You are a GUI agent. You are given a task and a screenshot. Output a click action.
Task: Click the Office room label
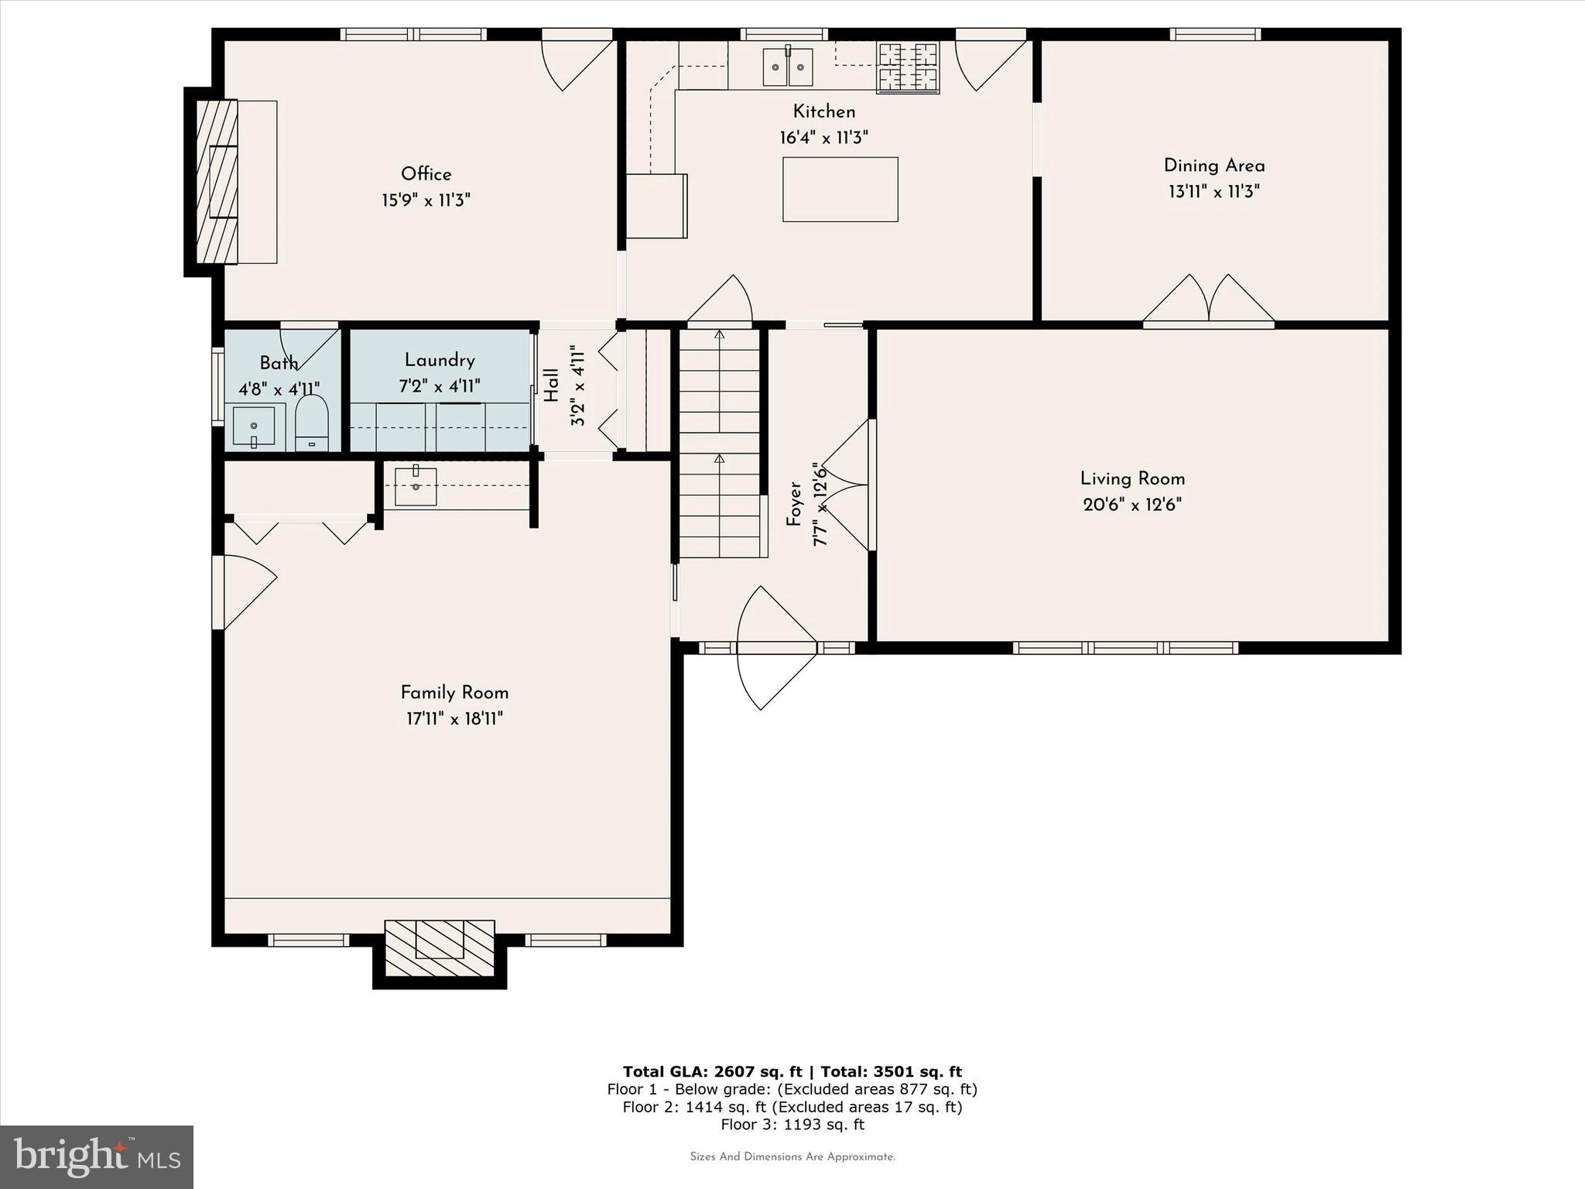[426, 174]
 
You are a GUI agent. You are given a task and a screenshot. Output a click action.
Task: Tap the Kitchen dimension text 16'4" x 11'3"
[823, 138]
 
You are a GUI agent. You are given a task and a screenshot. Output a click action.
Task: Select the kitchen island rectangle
[840, 190]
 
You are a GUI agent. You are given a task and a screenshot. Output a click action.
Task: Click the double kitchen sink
[788, 67]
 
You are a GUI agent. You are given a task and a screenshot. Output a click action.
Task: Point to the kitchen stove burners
[907, 67]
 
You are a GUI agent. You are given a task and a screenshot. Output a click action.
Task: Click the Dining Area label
[1214, 166]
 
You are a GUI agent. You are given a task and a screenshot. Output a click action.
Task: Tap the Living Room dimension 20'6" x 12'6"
[1131, 505]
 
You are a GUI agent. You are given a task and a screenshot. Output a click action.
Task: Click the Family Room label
[454, 693]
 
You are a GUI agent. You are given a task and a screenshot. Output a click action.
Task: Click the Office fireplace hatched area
[217, 182]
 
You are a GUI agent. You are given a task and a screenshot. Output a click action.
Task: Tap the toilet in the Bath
[312, 424]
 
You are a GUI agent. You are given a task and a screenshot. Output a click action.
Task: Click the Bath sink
[254, 427]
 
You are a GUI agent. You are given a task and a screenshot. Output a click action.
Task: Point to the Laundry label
[440, 360]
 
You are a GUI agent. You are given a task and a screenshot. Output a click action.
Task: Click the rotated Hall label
[551, 385]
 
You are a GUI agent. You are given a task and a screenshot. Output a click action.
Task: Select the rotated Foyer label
[794, 504]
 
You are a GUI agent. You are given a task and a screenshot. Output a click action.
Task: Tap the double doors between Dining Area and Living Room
[1209, 302]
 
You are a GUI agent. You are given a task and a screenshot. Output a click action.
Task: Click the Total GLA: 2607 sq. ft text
[713, 1071]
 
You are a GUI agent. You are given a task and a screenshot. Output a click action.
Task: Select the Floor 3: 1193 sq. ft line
[792, 1125]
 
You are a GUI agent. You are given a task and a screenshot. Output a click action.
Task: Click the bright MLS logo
[97, 1156]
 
